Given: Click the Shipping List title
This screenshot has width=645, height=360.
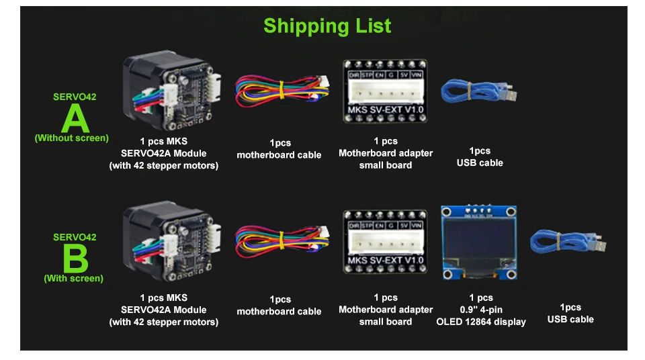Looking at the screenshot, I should [x=327, y=26].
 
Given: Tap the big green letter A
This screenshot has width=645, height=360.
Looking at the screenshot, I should [x=75, y=119].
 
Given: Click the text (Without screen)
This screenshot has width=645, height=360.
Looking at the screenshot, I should [x=71, y=138].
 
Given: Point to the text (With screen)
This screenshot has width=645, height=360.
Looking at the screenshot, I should [x=73, y=278].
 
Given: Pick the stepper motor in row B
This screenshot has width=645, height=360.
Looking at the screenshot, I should [x=171, y=242].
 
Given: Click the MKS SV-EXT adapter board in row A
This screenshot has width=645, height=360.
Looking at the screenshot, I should [x=385, y=91].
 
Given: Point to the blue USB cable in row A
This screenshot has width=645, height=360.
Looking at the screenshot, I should [x=478, y=94].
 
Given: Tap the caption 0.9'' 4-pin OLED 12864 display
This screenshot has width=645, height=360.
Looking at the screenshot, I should [x=481, y=310].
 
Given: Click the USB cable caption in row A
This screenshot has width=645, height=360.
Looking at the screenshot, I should [x=480, y=156].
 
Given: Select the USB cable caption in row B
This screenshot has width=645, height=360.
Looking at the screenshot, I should [x=570, y=313].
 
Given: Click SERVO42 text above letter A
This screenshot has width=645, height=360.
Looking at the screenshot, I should [x=75, y=97].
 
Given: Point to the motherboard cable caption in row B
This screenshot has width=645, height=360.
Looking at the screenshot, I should [x=279, y=305].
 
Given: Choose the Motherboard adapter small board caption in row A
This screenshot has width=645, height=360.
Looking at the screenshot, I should [x=386, y=153].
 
